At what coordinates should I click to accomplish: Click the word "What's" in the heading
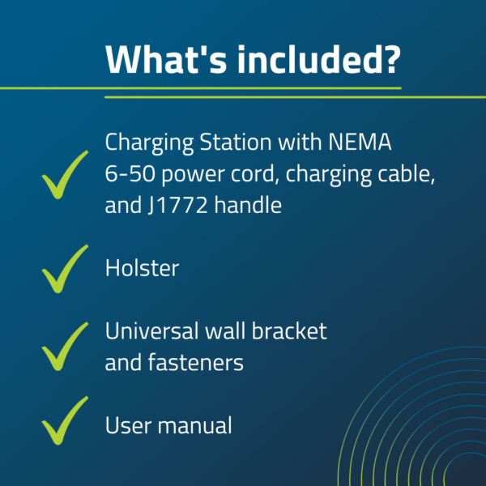pyautogui.click(x=166, y=59)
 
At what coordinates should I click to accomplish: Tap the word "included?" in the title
pyautogui.click(x=319, y=59)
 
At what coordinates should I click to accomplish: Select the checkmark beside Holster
pyautogui.click(x=65, y=269)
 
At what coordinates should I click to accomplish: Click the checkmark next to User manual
pyautogui.click(x=65, y=420)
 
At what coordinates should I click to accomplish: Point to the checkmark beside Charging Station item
pyautogui.click(x=65, y=174)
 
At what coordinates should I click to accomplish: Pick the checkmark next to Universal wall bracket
pyautogui.click(x=65, y=346)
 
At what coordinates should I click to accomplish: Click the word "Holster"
pyautogui.click(x=142, y=268)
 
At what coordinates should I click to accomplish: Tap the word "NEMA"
pyautogui.click(x=360, y=142)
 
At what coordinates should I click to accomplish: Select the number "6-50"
pyautogui.click(x=130, y=173)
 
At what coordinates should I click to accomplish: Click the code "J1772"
pyautogui.click(x=177, y=205)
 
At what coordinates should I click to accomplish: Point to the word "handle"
pyautogui.click(x=248, y=205)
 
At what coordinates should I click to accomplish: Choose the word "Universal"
pyautogui.click(x=152, y=330)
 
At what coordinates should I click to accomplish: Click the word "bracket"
pyautogui.click(x=289, y=330)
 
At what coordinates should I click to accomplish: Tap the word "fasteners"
pyautogui.click(x=195, y=362)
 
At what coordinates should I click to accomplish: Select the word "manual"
pyautogui.click(x=194, y=424)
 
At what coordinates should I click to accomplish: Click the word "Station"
pyautogui.click(x=236, y=142)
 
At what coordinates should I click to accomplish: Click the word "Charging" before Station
pyautogui.click(x=149, y=143)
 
